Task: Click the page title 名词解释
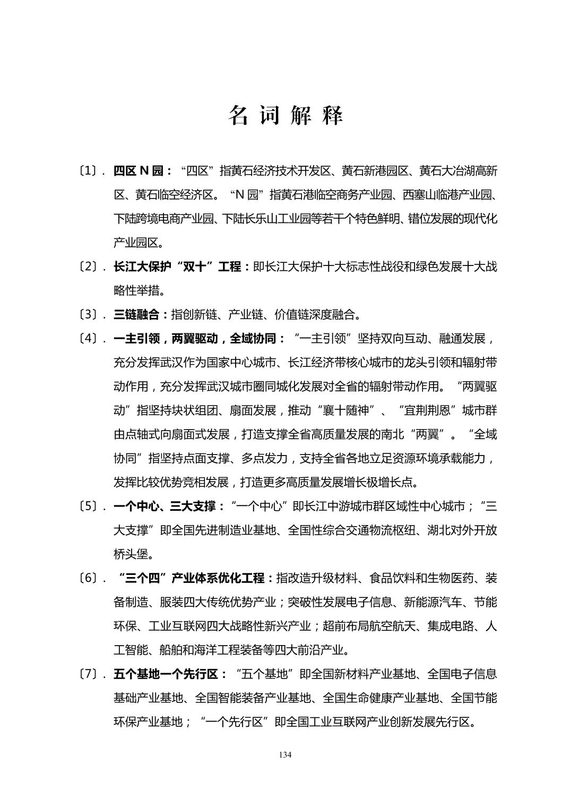(x=286, y=115)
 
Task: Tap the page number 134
(x=285, y=755)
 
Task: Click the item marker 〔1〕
(x=90, y=171)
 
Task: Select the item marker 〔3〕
(x=90, y=314)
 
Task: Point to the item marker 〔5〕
(x=90, y=506)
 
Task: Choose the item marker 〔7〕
(x=90, y=674)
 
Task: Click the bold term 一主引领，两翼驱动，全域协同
(x=199, y=338)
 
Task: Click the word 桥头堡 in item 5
(x=131, y=554)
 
